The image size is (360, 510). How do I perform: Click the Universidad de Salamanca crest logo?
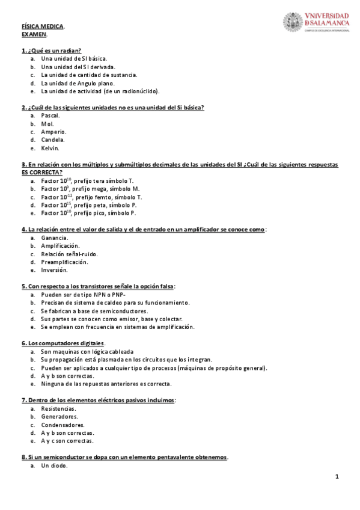point(293,22)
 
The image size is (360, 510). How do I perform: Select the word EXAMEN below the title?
point(33,34)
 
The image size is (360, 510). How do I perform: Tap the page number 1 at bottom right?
point(338,477)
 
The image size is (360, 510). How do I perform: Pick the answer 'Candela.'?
point(53,140)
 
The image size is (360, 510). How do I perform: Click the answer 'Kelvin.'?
point(50,148)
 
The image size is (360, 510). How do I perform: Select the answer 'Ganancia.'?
point(54,238)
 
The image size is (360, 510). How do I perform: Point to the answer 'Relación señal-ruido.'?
point(69,254)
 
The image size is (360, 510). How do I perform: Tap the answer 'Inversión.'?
point(54,270)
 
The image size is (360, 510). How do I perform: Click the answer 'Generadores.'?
point(59,416)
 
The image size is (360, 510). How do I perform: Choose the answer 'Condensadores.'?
point(63,425)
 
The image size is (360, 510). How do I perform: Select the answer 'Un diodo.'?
point(54,465)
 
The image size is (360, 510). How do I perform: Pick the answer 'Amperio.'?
point(54,131)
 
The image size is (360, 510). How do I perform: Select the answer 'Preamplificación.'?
point(64,262)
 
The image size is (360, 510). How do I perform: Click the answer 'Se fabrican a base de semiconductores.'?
point(94,311)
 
